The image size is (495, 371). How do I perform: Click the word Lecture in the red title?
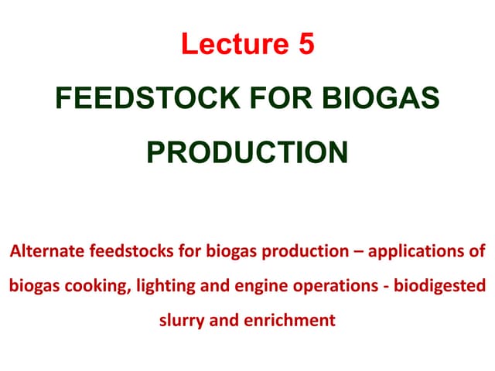(x=233, y=44)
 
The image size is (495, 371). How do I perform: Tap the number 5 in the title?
(x=306, y=44)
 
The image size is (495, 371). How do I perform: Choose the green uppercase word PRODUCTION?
(x=247, y=151)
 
